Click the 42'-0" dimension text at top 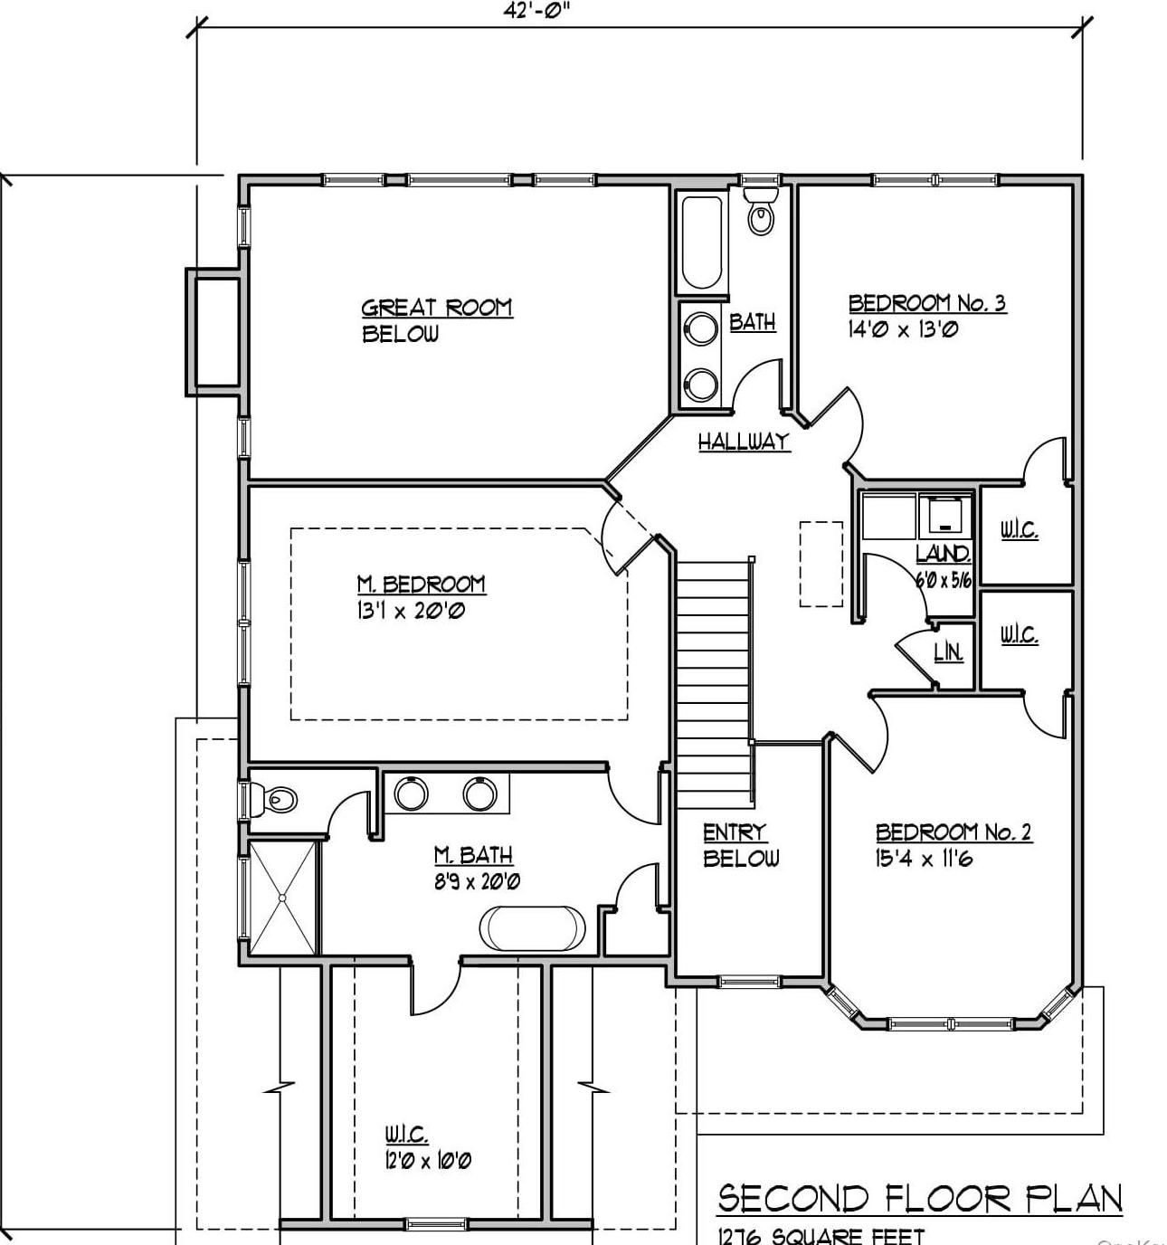click(539, 11)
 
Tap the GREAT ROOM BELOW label click(436, 320)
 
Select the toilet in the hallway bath click(761, 214)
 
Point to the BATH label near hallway click(752, 321)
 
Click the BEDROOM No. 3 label click(926, 302)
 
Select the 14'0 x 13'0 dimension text click(902, 329)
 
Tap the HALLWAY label click(743, 442)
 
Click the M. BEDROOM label click(421, 584)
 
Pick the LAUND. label click(944, 554)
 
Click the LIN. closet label click(947, 651)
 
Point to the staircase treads click(714, 683)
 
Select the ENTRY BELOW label click(739, 845)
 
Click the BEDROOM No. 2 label click(953, 832)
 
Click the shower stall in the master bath click(282, 898)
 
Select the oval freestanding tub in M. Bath click(532, 927)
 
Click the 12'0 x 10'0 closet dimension click(427, 1160)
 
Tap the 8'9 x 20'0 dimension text click(476, 881)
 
